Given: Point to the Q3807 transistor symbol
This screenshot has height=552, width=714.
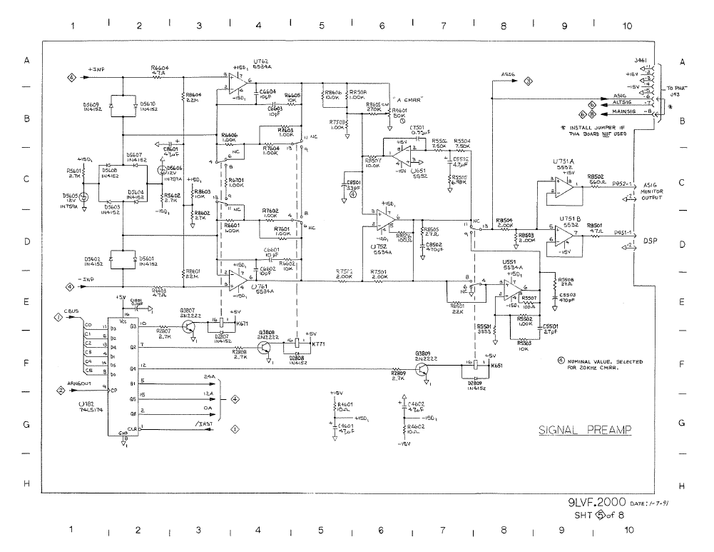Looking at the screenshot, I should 189,327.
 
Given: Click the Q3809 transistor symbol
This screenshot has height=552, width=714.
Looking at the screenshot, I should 424,370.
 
